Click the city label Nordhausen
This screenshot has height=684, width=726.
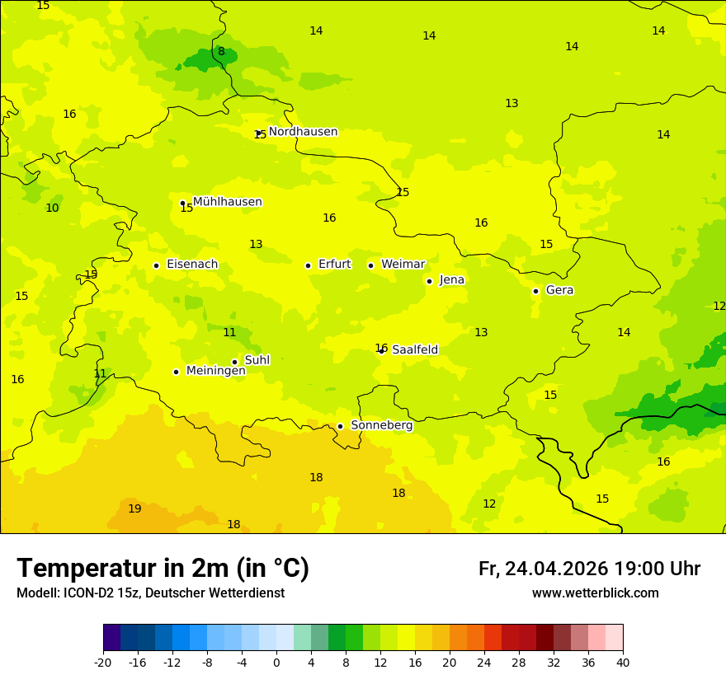303,132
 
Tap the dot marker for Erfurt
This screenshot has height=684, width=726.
308,265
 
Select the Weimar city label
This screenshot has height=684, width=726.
403,265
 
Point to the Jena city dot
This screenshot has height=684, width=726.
429,281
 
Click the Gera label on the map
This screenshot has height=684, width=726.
559,290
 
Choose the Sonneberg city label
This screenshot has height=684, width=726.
381,425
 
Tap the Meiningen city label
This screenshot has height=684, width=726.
215,371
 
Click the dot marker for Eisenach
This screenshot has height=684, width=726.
156,265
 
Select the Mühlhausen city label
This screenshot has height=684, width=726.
227,202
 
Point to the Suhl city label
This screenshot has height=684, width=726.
257,360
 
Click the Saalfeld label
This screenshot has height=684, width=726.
414,350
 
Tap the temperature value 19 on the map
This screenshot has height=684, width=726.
134,509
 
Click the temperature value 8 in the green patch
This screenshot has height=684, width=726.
221,52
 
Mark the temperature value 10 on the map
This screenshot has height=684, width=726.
52,208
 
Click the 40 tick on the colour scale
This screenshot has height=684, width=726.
623,662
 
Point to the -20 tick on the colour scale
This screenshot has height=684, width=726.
103,662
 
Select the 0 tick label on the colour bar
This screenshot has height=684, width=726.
276,662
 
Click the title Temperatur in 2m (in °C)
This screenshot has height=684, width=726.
163,569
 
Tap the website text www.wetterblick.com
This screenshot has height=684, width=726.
595,593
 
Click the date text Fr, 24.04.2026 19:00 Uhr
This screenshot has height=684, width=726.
589,569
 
